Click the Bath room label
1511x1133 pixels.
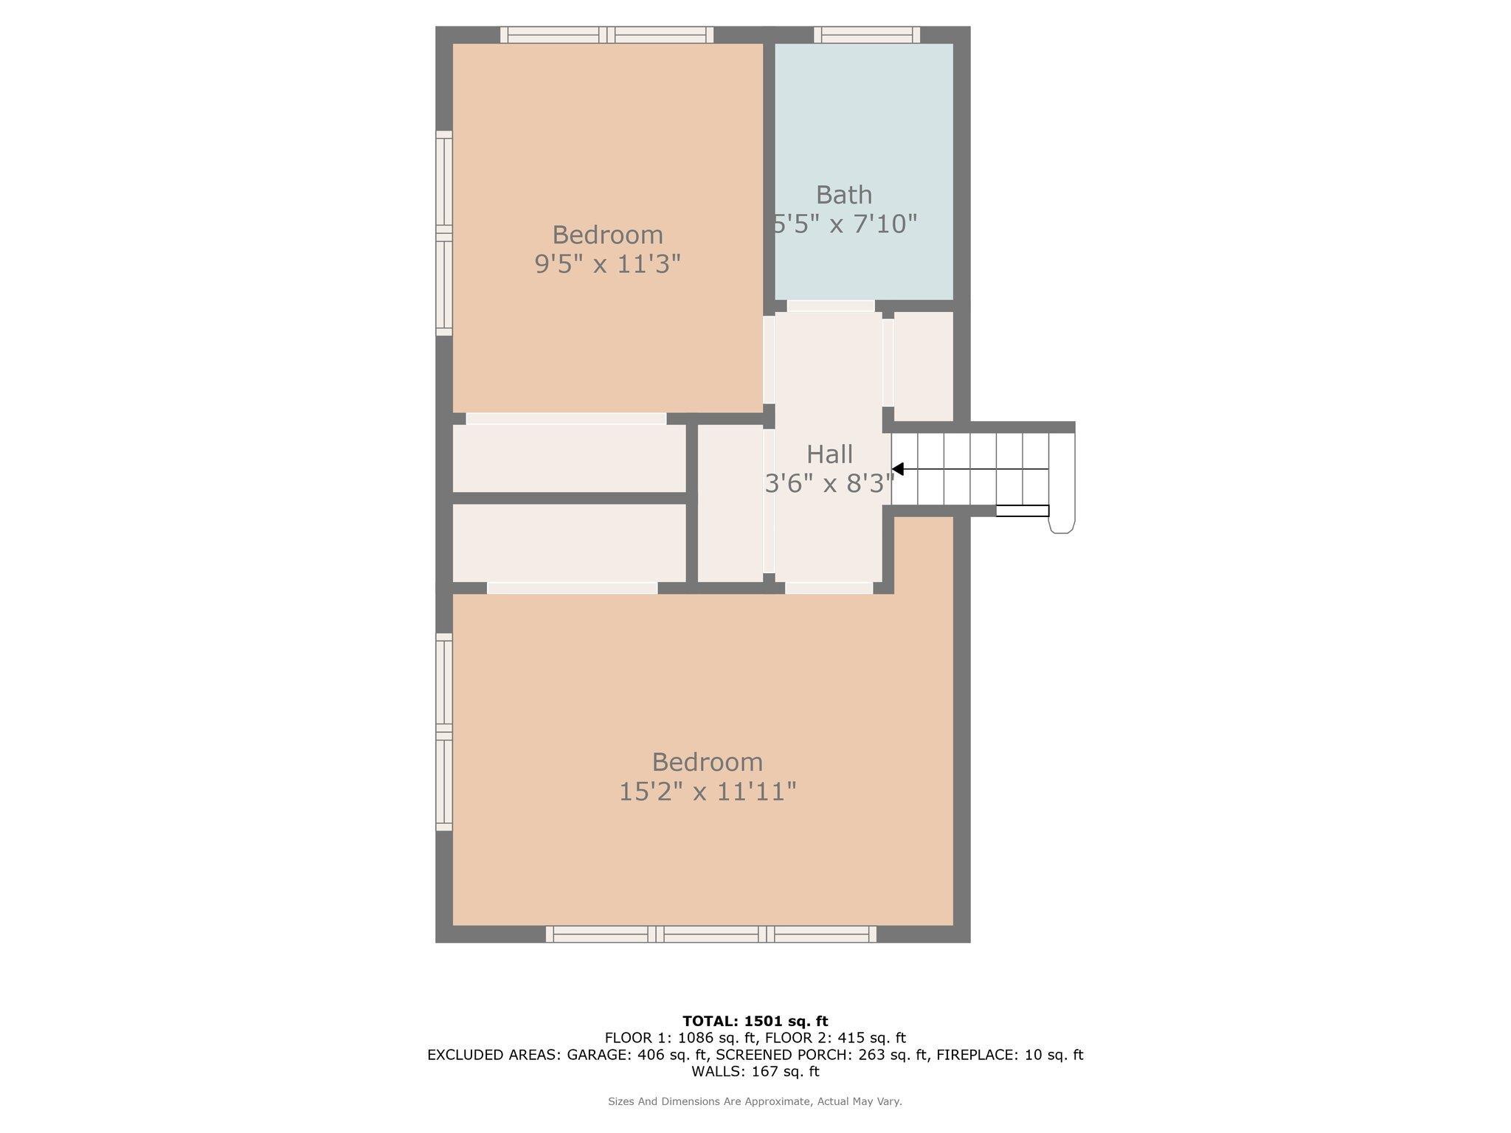(x=843, y=195)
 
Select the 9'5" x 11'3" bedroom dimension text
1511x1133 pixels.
(x=607, y=263)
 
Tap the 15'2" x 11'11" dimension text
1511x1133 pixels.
(x=707, y=792)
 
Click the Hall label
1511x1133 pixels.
(x=829, y=454)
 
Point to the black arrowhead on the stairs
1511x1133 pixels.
(x=898, y=469)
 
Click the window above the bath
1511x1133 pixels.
(x=867, y=35)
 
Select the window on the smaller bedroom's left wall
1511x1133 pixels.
(x=443, y=233)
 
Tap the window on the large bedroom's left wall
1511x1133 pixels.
(x=443, y=731)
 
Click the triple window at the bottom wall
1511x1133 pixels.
(x=711, y=934)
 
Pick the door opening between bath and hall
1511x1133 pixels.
(x=831, y=305)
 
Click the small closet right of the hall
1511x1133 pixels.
(x=923, y=366)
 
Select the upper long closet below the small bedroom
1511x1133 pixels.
(x=569, y=458)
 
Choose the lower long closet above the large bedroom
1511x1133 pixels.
(x=569, y=543)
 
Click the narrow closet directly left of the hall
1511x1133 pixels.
(x=730, y=503)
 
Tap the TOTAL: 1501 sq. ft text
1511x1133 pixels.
(x=755, y=1021)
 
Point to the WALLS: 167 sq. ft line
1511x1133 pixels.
(x=755, y=1071)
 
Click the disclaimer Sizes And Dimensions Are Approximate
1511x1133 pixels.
(x=755, y=1101)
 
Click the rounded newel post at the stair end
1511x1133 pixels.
(x=1061, y=524)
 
